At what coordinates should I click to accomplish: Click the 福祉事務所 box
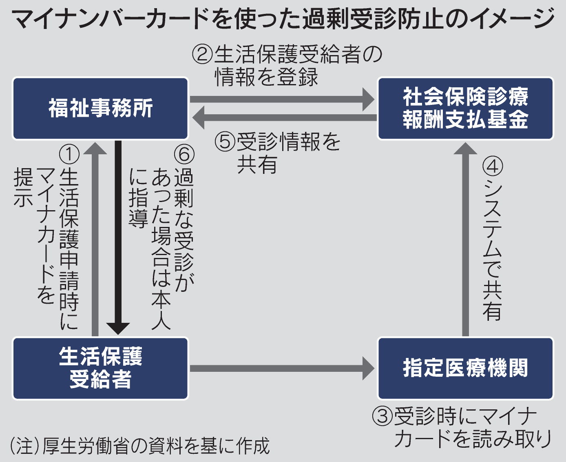point(100,109)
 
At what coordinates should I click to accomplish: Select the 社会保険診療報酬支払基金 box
point(465,109)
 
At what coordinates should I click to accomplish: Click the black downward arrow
point(118,237)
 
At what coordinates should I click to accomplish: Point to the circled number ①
point(69,154)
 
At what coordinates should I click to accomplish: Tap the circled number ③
point(382,417)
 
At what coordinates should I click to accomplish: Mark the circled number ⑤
point(225,142)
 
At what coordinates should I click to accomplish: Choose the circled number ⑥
point(184,154)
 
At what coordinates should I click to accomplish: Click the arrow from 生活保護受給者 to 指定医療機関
point(281,369)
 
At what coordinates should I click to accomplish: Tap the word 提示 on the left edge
point(23,188)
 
